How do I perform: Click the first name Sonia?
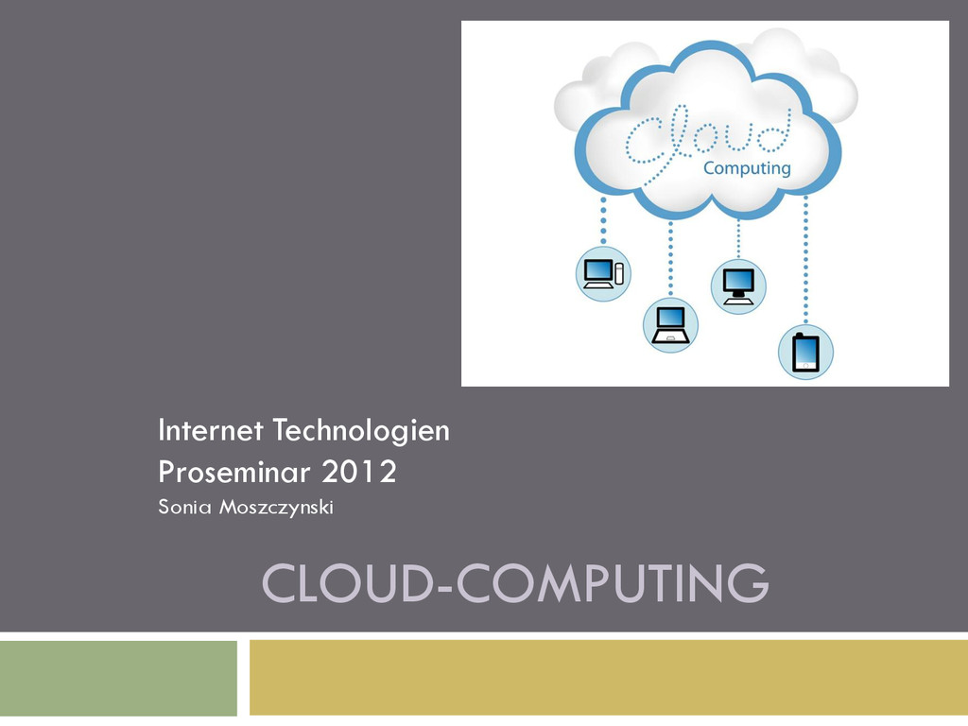click(x=184, y=508)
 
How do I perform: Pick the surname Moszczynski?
click(x=276, y=509)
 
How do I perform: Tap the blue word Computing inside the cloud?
click(x=747, y=168)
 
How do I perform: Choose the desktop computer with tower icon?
click(x=603, y=273)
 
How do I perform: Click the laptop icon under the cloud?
click(x=670, y=325)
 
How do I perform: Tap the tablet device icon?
click(x=805, y=352)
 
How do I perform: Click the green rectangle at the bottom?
click(x=118, y=679)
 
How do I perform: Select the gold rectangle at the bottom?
click(x=608, y=678)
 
